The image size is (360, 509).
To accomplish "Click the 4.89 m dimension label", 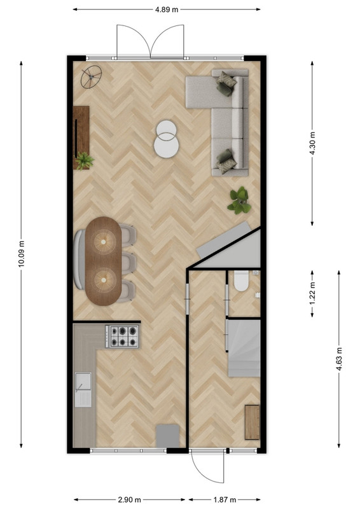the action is pyautogui.click(x=167, y=10).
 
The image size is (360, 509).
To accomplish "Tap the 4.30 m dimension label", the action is pyautogui.click(x=312, y=143).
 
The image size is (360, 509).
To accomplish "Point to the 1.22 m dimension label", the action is pyautogui.click(x=312, y=293).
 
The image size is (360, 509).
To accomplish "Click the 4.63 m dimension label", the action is pyautogui.click(x=339, y=359).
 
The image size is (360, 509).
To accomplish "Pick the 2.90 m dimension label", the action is pyautogui.click(x=129, y=500).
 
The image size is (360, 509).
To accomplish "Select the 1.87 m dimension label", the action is pyautogui.click(x=225, y=500).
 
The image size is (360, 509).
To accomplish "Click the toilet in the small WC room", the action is pyautogui.click(x=241, y=281).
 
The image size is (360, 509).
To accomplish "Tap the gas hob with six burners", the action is pyautogui.click(x=123, y=337).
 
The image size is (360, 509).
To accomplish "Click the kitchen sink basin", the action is pyautogui.click(x=83, y=380).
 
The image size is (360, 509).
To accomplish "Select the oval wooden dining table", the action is pyautogui.click(x=103, y=261).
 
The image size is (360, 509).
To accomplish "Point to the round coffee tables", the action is pyautogui.click(x=167, y=139).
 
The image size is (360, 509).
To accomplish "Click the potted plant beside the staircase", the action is pyautogui.click(x=240, y=200).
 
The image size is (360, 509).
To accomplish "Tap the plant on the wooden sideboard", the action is pyautogui.click(x=85, y=161).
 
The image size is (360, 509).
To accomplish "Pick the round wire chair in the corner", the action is pyautogui.click(x=91, y=77).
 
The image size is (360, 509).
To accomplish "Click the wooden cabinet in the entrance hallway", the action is pyautogui.click(x=253, y=422).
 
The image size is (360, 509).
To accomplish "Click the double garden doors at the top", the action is pyautogui.click(x=150, y=41).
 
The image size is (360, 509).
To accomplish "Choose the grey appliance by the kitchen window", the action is pyautogui.click(x=167, y=436).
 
